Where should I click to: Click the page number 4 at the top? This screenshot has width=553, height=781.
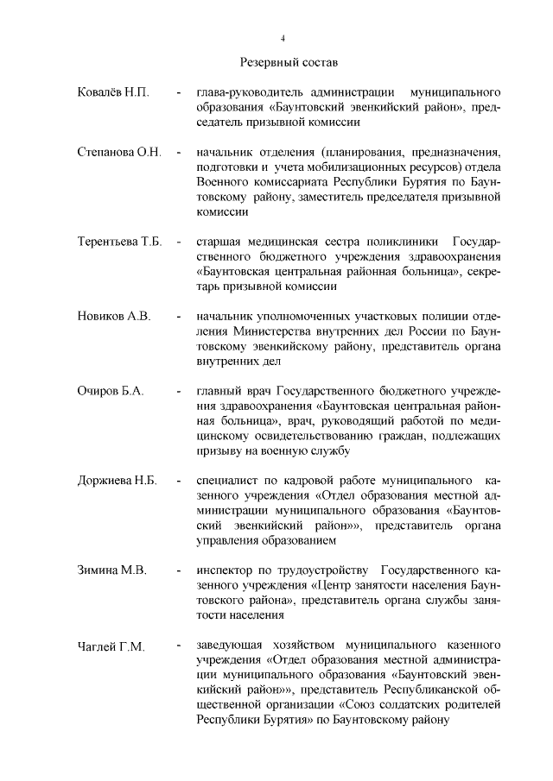[x=283, y=38]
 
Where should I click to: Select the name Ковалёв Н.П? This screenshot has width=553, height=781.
[x=113, y=92]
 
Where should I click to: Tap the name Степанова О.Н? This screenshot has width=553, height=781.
[x=120, y=153]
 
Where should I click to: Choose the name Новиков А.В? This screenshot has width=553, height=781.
[x=114, y=317]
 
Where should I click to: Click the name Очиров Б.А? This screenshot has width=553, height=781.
[x=111, y=392]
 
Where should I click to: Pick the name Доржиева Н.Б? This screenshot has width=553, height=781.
[x=117, y=481]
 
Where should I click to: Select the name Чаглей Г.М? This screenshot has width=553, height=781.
[x=111, y=646]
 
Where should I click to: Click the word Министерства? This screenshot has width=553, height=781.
[x=278, y=331]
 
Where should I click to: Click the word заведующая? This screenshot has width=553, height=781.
[x=232, y=646]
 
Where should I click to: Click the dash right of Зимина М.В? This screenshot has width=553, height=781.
[x=177, y=570]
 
